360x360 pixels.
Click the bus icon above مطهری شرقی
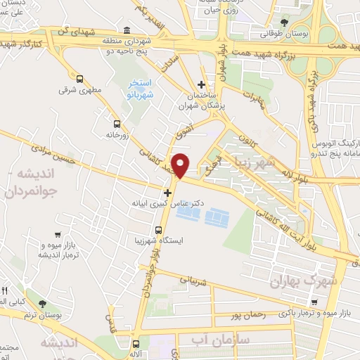tap(79, 79)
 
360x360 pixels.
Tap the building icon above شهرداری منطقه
tap(127, 30)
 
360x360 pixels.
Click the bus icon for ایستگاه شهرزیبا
tap(160, 229)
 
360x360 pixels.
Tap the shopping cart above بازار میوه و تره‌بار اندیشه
tap(56, 236)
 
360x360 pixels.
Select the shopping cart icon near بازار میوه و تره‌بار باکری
tap(314, 303)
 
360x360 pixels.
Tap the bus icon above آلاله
tap(136, 344)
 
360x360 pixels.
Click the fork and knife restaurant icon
tap(5, 290)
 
